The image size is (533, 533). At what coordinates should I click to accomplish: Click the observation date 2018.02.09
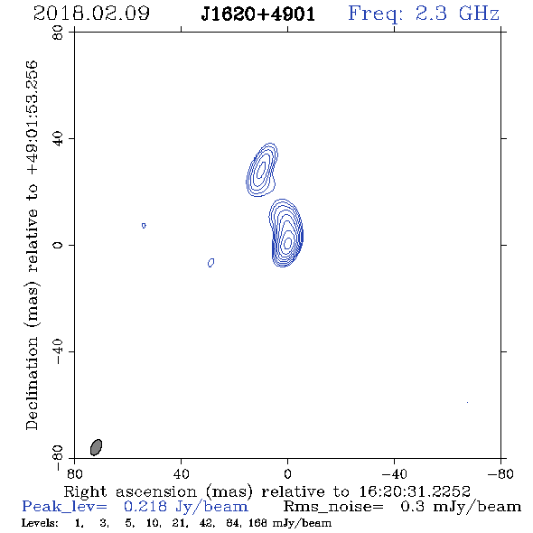91,14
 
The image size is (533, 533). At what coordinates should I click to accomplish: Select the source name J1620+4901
258,14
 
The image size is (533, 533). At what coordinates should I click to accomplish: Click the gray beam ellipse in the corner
96,447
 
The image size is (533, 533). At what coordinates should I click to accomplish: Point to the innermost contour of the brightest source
288,243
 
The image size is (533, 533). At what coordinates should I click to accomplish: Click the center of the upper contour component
261,169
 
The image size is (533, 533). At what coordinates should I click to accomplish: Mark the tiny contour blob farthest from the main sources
144,225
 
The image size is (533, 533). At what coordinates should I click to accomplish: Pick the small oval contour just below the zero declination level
210,262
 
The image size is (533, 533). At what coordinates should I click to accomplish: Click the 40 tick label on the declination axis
58,139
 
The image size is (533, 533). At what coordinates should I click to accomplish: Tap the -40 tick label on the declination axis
58,351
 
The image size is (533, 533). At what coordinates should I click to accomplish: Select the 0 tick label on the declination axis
58,245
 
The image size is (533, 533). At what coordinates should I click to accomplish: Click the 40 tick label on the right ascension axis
181,473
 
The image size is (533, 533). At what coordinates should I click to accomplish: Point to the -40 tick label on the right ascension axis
394,473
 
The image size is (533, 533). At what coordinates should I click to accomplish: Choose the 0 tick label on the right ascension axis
287,473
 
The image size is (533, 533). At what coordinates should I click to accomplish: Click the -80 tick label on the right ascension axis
500,473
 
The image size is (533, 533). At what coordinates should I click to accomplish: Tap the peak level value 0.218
145,507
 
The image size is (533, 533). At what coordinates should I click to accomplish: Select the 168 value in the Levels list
257,522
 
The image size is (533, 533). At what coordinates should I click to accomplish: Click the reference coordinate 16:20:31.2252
415,491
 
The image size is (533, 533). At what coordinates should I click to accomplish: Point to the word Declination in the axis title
32,383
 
